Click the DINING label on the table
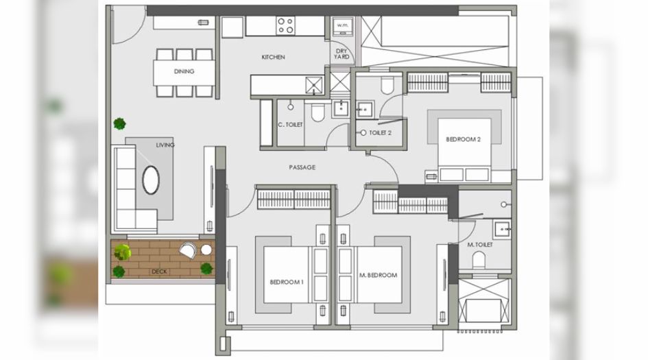184,71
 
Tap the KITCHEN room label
273,57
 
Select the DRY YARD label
341,54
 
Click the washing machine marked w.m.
343,27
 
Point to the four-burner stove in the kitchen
286,25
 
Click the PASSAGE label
302,167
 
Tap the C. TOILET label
290,124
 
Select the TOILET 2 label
380,133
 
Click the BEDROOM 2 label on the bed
464,140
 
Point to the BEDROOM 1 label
287,283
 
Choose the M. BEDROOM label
378,275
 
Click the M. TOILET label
480,245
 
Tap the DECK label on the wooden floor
159,272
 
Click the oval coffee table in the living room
151,180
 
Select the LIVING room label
165,145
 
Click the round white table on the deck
206,250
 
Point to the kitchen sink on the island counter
314,86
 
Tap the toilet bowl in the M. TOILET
479,260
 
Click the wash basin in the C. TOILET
340,109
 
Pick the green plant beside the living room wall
119,123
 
